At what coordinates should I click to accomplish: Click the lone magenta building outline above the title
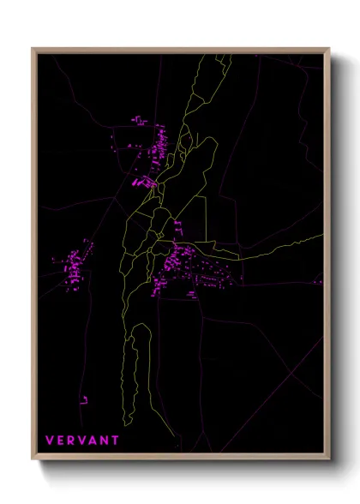(85, 398)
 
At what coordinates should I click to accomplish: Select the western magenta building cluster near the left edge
(73, 266)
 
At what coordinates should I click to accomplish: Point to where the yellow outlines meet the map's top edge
(221, 55)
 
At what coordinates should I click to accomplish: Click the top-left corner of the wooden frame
(33, 49)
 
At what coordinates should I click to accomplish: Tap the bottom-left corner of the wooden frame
(33, 460)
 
